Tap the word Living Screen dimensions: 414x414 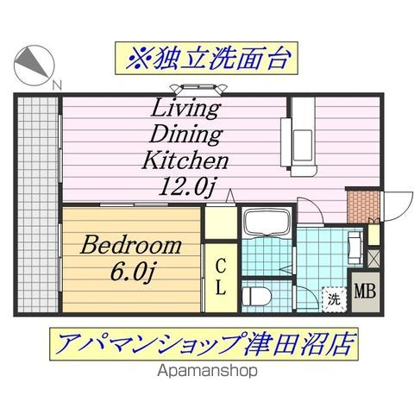click(186, 110)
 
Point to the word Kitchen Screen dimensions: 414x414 click(186, 161)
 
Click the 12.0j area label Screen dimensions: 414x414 click(186, 185)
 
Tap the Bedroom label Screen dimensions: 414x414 click(132, 245)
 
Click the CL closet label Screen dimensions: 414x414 click(221, 276)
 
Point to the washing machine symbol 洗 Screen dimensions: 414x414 click(333, 299)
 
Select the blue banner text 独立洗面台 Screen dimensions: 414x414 click(206, 60)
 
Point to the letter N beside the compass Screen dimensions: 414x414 click(57, 85)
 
